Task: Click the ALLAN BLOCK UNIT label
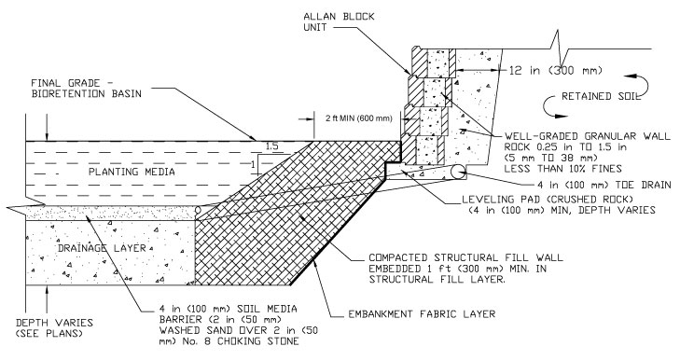click(x=339, y=22)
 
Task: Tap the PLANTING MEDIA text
click(x=132, y=172)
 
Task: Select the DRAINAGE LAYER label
click(x=102, y=248)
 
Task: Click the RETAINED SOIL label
click(x=601, y=96)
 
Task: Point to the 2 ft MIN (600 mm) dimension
click(x=358, y=118)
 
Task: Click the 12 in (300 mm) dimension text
click(x=556, y=70)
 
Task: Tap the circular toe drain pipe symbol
click(x=457, y=173)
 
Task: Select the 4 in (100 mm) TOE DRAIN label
click(x=604, y=185)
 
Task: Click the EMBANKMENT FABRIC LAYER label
click(x=422, y=313)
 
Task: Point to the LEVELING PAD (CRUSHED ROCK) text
click(x=548, y=200)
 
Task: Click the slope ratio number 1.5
click(x=272, y=146)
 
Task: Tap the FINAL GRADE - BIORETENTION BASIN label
click(x=87, y=89)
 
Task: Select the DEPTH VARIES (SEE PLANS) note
click(x=54, y=328)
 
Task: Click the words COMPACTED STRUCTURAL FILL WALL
click(x=465, y=257)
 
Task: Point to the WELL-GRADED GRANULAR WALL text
click(x=588, y=136)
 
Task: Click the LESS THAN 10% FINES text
click(x=562, y=168)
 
